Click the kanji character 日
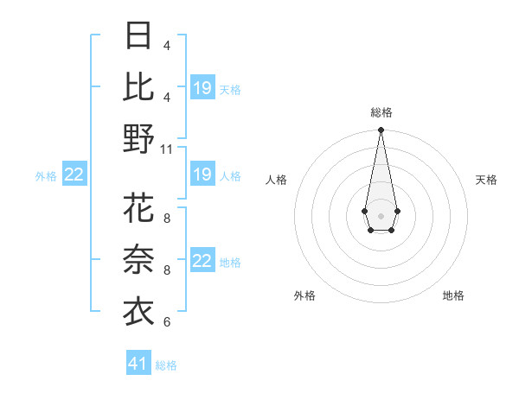pyautogui.click(x=138, y=36)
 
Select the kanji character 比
pyautogui.click(x=138, y=86)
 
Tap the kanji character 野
pyautogui.click(x=138, y=139)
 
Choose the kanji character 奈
pyautogui.click(x=138, y=260)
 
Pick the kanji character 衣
pyautogui.click(x=138, y=312)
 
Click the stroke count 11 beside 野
pyautogui.click(x=167, y=149)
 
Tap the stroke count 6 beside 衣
pyautogui.click(x=166, y=322)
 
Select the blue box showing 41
pyautogui.click(x=138, y=364)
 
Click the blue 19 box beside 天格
pyautogui.click(x=202, y=88)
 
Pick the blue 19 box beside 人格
pyautogui.click(x=202, y=175)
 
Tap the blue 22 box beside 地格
pyautogui.click(x=202, y=262)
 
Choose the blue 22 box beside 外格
pyautogui.click(x=74, y=175)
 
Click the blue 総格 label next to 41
pyautogui.click(x=166, y=365)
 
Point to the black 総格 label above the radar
pyautogui.click(x=381, y=112)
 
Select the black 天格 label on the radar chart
pyautogui.click(x=487, y=180)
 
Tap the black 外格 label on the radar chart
pyautogui.click(x=304, y=295)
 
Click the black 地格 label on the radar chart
pyautogui.click(x=453, y=295)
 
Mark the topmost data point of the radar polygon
pyautogui.click(x=381, y=130)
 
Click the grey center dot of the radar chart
pyautogui.click(x=381, y=214)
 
